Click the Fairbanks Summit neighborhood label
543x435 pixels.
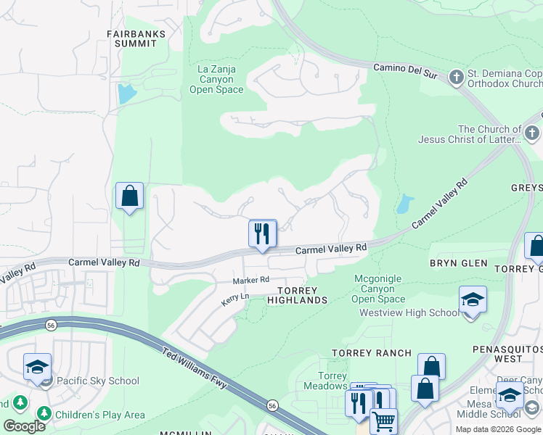pyautogui.click(x=136, y=38)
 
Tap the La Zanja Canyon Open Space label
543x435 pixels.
pyautogui.click(x=216, y=80)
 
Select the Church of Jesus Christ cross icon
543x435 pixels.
pyautogui.click(x=532, y=133)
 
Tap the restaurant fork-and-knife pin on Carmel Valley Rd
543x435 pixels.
pyautogui.click(x=263, y=233)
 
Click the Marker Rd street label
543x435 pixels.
pyautogui.click(x=251, y=280)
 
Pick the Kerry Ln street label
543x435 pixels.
pyautogui.click(x=235, y=298)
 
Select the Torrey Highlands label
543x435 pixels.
pyautogui.click(x=298, y=295)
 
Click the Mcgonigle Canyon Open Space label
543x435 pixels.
pyautogui.click(x=379, y=289)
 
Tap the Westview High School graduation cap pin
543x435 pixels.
pyautogui.click(x=473, y=300)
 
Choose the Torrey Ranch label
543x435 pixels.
pyautogui.click(x=371, y=353)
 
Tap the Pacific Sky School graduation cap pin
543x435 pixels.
pyautogui.click(x=37, y=367)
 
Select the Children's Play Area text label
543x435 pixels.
pyautogui.click(x=102, y=415)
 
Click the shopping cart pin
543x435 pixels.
pyautogui.click(x=383, y=420)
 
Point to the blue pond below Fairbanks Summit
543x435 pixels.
pyautogui.click(x=126, y=94)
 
